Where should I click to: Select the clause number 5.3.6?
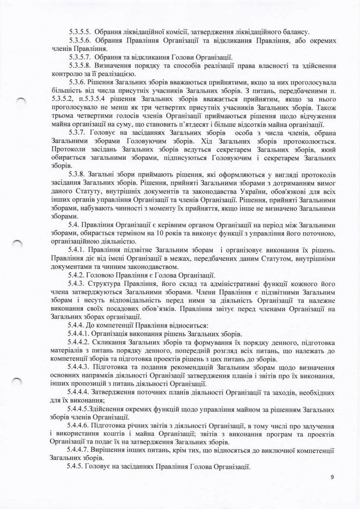coord(77,83)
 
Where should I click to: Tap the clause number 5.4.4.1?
coord(78,334)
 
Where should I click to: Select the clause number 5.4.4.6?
coord(78,425)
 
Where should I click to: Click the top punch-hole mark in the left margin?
coord(22,101)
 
